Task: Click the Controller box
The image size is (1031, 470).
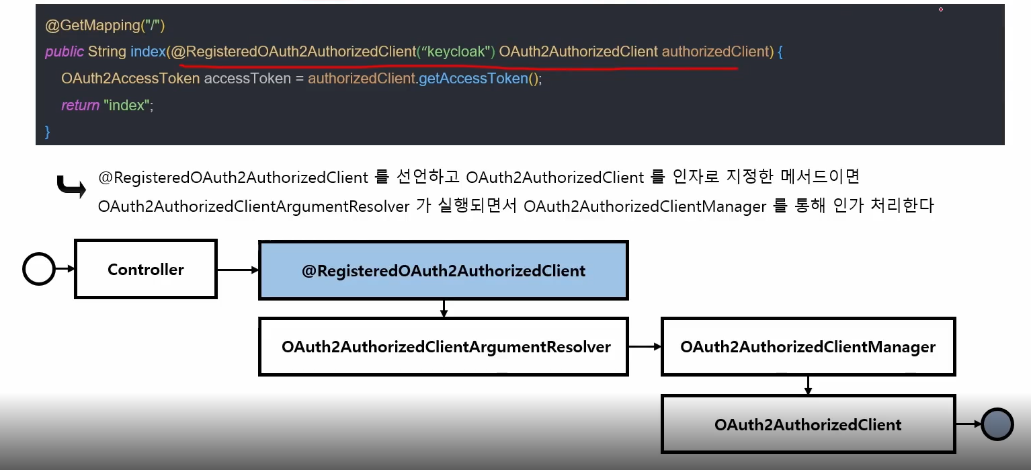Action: click(x=146, y=269)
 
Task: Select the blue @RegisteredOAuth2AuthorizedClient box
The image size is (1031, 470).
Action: click(x=444, y=270)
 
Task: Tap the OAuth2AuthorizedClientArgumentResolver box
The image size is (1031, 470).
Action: click(x=444, y=347)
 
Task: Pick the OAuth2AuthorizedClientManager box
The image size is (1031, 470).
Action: click(x=808, y=347)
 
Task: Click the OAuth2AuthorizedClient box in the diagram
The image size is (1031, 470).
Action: click(x=808, y=424)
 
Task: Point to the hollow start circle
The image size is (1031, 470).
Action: click(x=39, y=269)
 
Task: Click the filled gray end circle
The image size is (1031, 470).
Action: click(x=997, y=424)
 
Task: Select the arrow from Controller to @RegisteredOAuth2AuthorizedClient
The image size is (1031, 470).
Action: click(x=238, y=270)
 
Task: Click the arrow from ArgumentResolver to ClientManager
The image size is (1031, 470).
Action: click(x=645, y=347)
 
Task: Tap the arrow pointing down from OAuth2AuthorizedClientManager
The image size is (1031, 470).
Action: click(x=808, y=385)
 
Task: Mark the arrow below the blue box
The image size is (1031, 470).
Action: click(x=444, y=309)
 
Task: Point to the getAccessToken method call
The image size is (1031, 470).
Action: click(x=473, y=79)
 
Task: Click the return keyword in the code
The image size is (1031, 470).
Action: click(x=80, y=106)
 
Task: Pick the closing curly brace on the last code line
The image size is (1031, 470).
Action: click(x=48, y=131)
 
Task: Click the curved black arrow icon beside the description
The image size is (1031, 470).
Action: click(x=71, y=187)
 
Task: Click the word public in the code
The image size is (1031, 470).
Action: click(x=65, y=52)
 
